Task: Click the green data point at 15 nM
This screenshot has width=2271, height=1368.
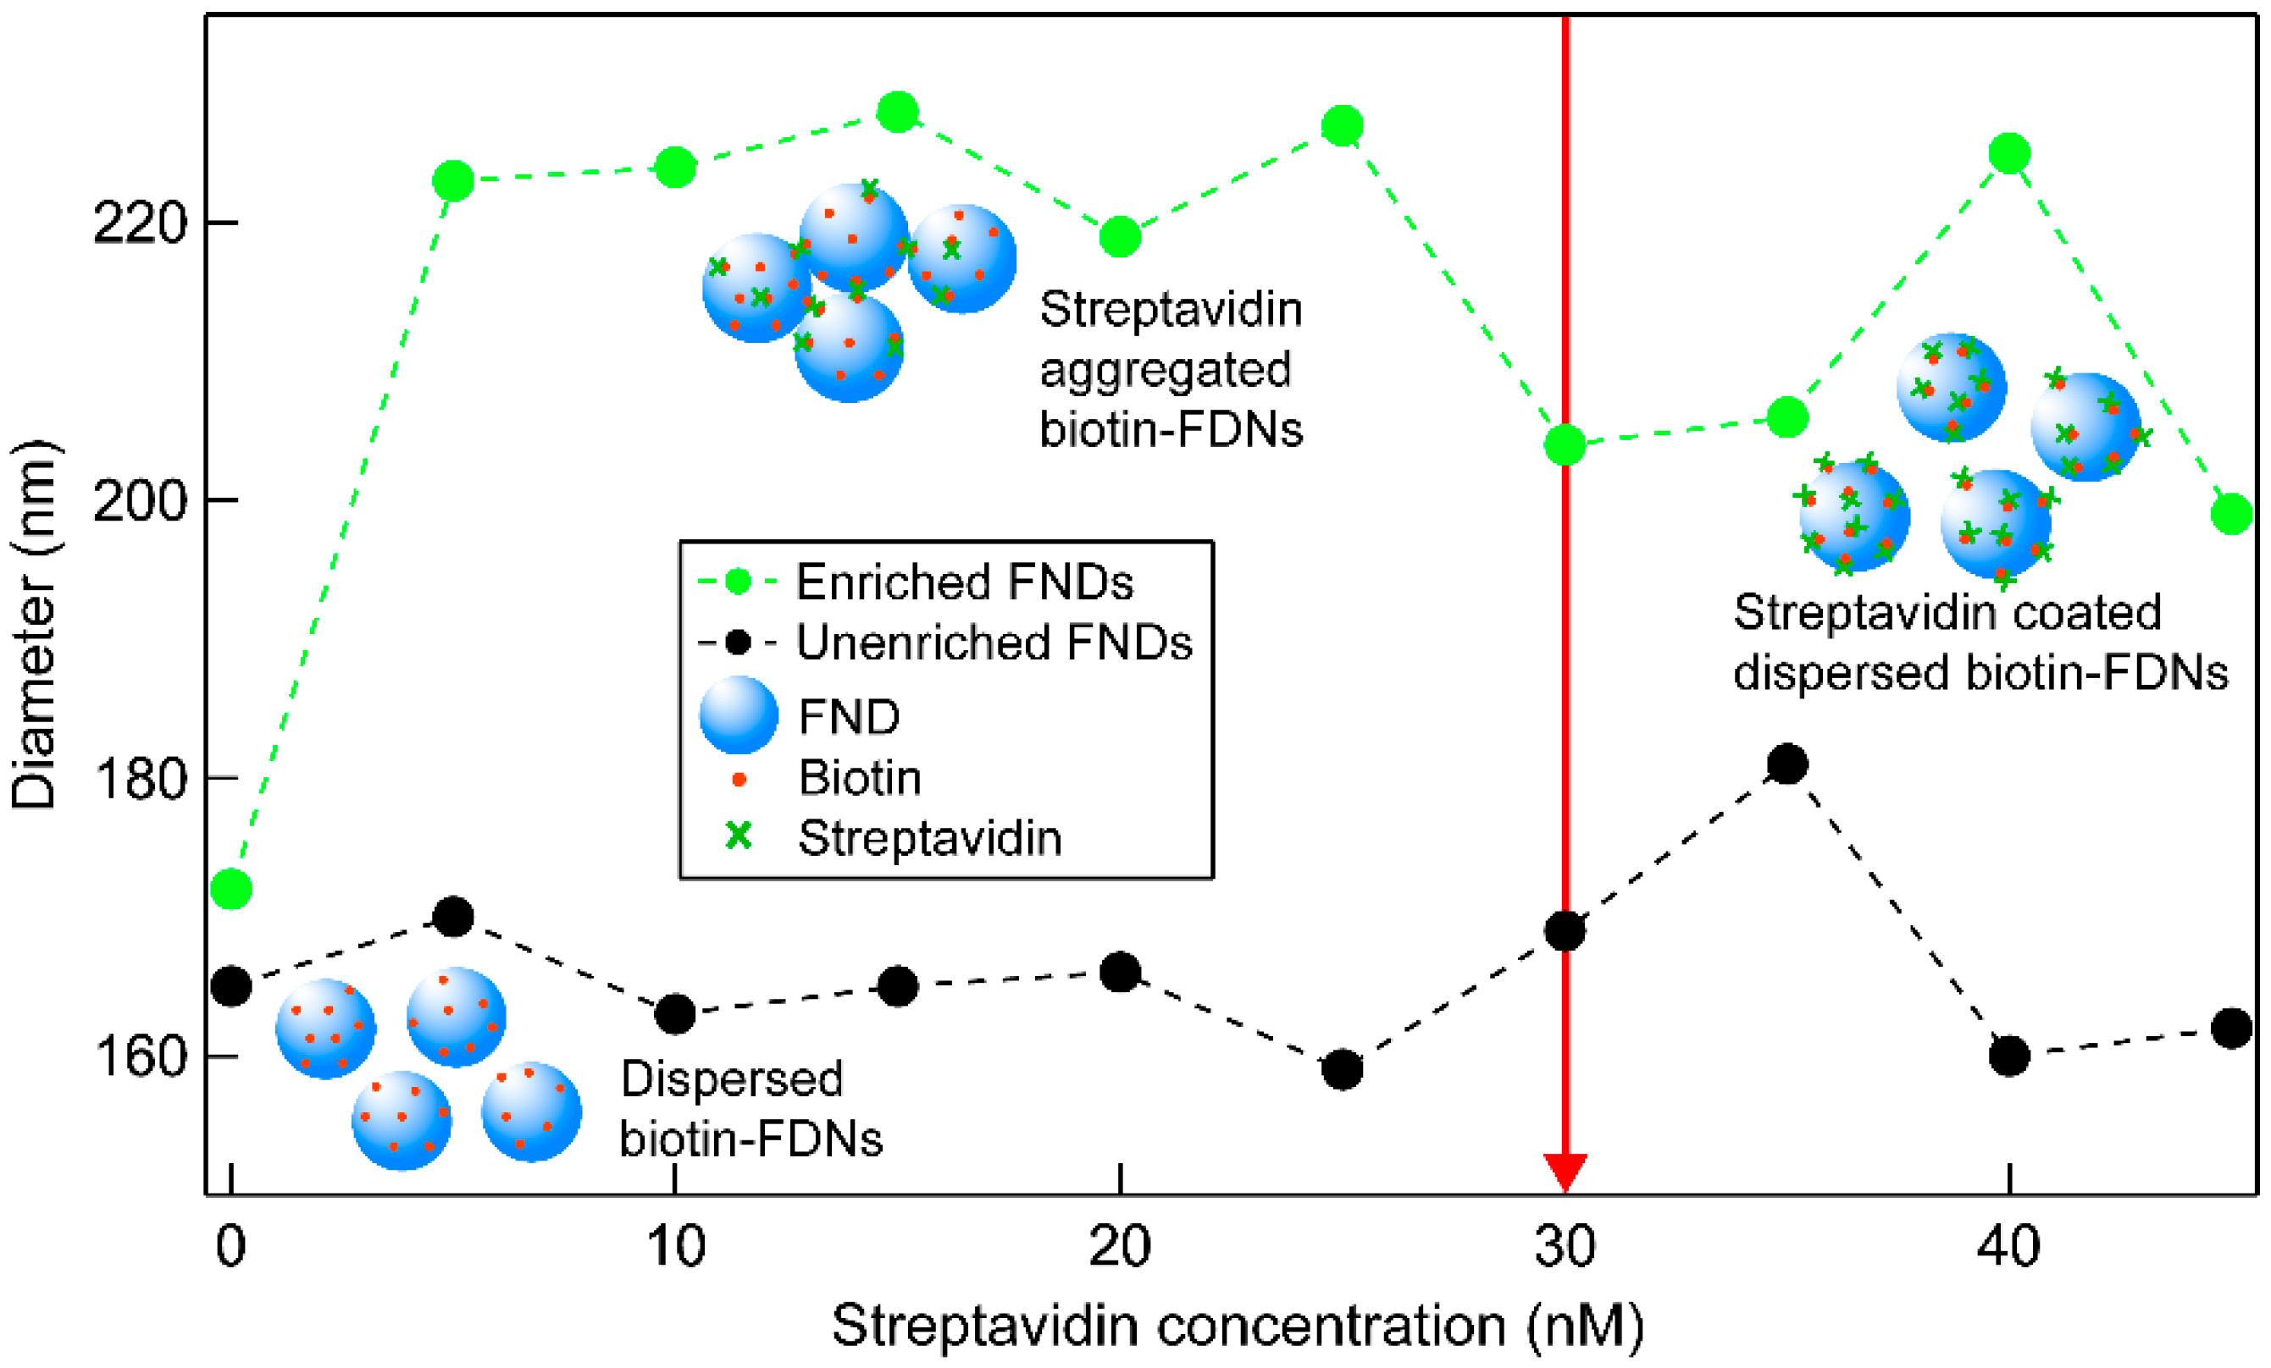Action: [898, 113]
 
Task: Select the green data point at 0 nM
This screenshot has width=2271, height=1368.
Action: [231, 889]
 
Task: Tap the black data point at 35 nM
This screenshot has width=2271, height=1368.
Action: [1787, 764]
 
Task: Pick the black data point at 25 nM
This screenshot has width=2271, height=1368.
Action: [1342, 1069]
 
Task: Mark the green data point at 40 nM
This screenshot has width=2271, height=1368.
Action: [2009, 153]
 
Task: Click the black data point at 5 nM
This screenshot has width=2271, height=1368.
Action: [453, 917]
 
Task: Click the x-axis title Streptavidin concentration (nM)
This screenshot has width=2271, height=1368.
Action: [1238, 1327]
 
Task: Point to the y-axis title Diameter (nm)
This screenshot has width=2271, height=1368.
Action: [34, 626]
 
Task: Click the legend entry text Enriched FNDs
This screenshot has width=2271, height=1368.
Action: [964, 582]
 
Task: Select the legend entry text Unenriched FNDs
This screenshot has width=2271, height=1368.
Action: [994, 642]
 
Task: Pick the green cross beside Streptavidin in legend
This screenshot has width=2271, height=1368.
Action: [739, 836]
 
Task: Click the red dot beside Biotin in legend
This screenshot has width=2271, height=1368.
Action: [739, 780]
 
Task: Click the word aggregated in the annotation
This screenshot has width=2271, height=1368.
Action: [1165, 370]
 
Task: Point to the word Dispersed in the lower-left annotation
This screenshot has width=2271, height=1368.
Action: [732, 1078]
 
